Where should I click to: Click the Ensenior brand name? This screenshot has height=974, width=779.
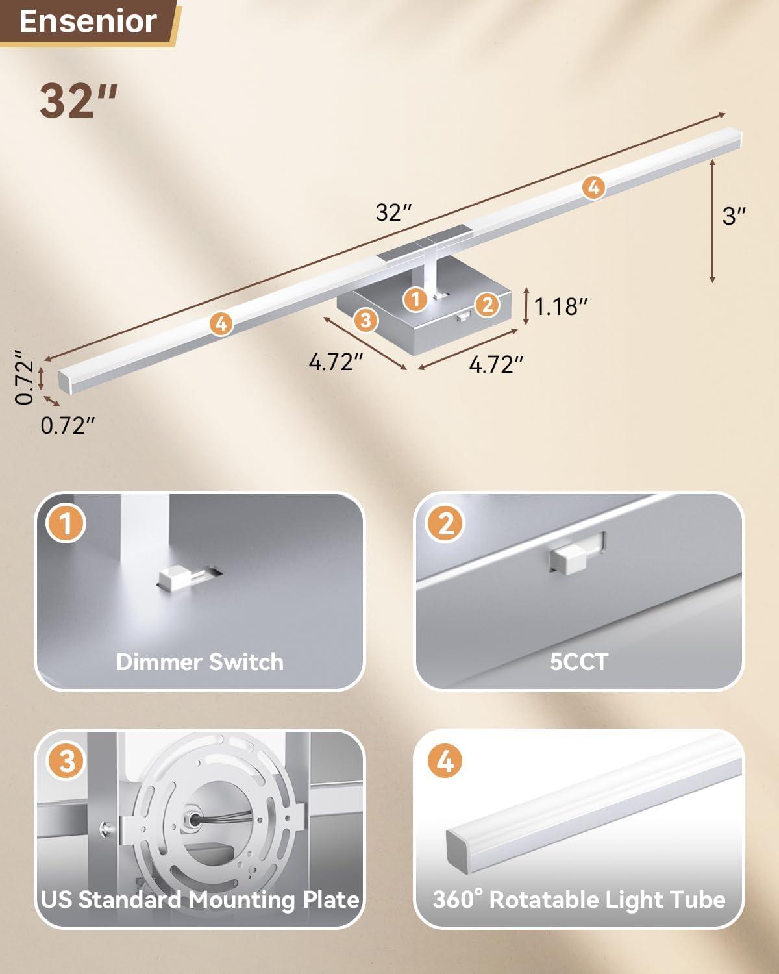[x=88, y=21]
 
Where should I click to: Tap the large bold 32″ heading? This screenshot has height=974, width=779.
[x=79, y=101]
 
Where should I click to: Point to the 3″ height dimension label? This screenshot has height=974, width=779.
[x=734, y=216]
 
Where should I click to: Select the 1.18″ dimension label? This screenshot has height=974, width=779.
[x=560, y=306]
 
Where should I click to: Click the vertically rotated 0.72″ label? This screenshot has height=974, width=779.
[x=25, y=377]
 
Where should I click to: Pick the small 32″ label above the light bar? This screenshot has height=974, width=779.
[x=394, y=212]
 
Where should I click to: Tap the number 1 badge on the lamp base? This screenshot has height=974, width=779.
[x=415, y=299]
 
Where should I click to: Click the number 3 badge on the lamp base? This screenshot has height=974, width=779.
[x=365, y=320]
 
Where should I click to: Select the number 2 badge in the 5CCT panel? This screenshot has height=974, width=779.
[x=445, y=523]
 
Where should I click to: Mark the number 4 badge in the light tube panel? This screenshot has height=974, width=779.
[x=445, y=761]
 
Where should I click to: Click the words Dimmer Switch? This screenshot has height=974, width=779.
[x=199, y=662]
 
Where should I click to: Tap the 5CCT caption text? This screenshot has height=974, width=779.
[x=579, y=662]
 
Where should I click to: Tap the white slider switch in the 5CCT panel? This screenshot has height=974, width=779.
[x=569, y=559]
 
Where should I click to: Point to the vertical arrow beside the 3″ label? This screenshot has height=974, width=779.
[x=713, y=221]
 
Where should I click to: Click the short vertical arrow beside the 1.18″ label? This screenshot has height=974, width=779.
[x=526, y=306]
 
